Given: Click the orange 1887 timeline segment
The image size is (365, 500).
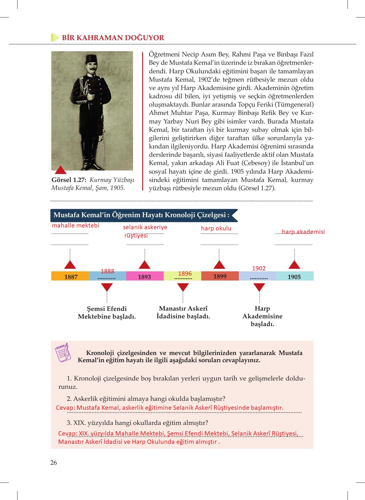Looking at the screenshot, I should [70, 276].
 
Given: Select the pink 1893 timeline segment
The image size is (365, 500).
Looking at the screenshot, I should [145, 276].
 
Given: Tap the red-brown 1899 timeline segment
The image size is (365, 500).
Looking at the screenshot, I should [220, 276].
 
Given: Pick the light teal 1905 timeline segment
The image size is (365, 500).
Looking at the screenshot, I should [294, 276].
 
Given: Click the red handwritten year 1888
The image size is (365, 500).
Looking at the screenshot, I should [108, 271].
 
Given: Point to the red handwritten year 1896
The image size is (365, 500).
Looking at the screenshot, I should [185, 274].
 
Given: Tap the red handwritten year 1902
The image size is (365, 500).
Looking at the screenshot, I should [259, 268].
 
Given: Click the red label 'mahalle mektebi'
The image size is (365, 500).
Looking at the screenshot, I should [75, 226].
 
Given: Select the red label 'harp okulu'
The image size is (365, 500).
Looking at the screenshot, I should [216, 228].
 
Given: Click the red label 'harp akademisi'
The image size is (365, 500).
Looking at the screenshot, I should [303, 232].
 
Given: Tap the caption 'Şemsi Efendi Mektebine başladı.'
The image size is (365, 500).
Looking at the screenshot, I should [107, 313].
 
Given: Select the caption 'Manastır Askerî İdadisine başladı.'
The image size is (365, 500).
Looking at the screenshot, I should [183, 312].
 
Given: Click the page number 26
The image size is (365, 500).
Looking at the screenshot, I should [54, 462].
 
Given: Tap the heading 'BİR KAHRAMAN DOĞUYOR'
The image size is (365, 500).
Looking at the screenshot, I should [113, 38].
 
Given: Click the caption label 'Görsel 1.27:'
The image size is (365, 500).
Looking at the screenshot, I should [69, 180].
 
